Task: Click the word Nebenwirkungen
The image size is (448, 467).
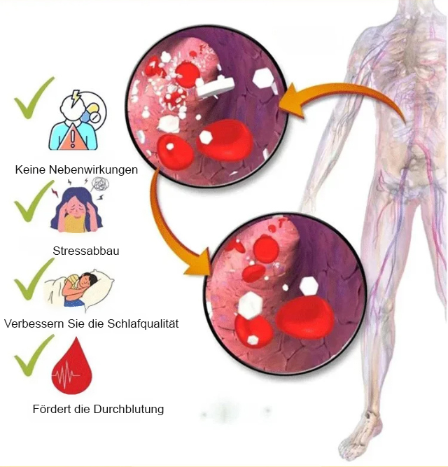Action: [93, 169]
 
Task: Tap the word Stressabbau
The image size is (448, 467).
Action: [86, 251]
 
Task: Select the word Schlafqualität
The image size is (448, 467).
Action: [143, 323]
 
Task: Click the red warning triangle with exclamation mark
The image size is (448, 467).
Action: [72, 138]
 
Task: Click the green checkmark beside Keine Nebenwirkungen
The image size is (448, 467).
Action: [34, 98]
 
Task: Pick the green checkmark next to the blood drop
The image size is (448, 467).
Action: [34, 355]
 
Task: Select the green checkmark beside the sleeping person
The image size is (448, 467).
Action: [34, 279]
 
